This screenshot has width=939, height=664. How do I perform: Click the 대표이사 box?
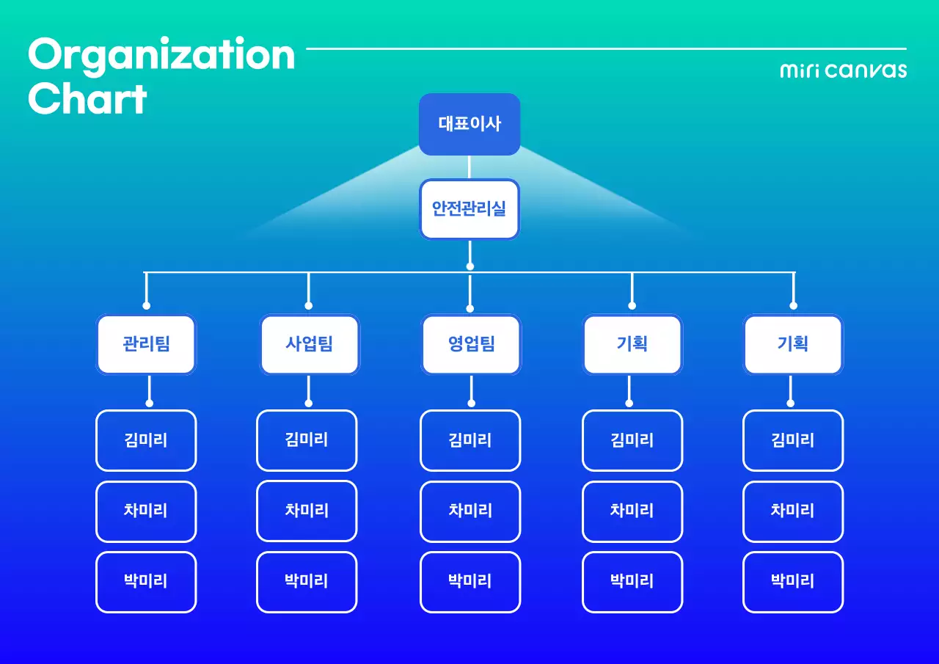tap(469, 123)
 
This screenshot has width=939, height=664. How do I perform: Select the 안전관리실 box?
tap(469, 208)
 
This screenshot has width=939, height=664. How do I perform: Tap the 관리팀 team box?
tap(146, 344)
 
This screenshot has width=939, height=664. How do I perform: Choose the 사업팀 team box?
tap(310, 344)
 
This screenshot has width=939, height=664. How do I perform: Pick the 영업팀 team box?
tap(471, 344)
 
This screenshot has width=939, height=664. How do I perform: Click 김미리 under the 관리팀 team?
tap(146, 440)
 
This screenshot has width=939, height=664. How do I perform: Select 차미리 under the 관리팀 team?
tap(146, 511)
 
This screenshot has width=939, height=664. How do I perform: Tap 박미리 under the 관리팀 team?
tap(146, 581)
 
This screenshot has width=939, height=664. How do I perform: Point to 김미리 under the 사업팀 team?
tap(307, 439)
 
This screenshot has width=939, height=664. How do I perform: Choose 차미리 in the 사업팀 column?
tap(307, 511)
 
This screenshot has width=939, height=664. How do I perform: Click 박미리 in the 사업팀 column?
tap(307, 581)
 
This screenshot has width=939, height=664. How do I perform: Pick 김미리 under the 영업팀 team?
tap(470, 440)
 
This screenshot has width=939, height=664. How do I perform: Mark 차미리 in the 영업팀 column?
tap(470, 511)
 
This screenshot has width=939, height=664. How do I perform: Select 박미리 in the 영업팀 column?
tap(470, 581)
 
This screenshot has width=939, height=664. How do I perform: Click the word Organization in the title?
tap(161, 55)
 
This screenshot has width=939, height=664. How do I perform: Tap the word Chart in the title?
tap(88, 99)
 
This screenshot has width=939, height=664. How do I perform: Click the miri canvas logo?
tap(843, 70)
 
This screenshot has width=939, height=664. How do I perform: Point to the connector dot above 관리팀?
tap(147, 305)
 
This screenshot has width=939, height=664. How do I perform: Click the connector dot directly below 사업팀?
tap(309, 403)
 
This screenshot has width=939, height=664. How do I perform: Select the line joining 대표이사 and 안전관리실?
tap(469, 167)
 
